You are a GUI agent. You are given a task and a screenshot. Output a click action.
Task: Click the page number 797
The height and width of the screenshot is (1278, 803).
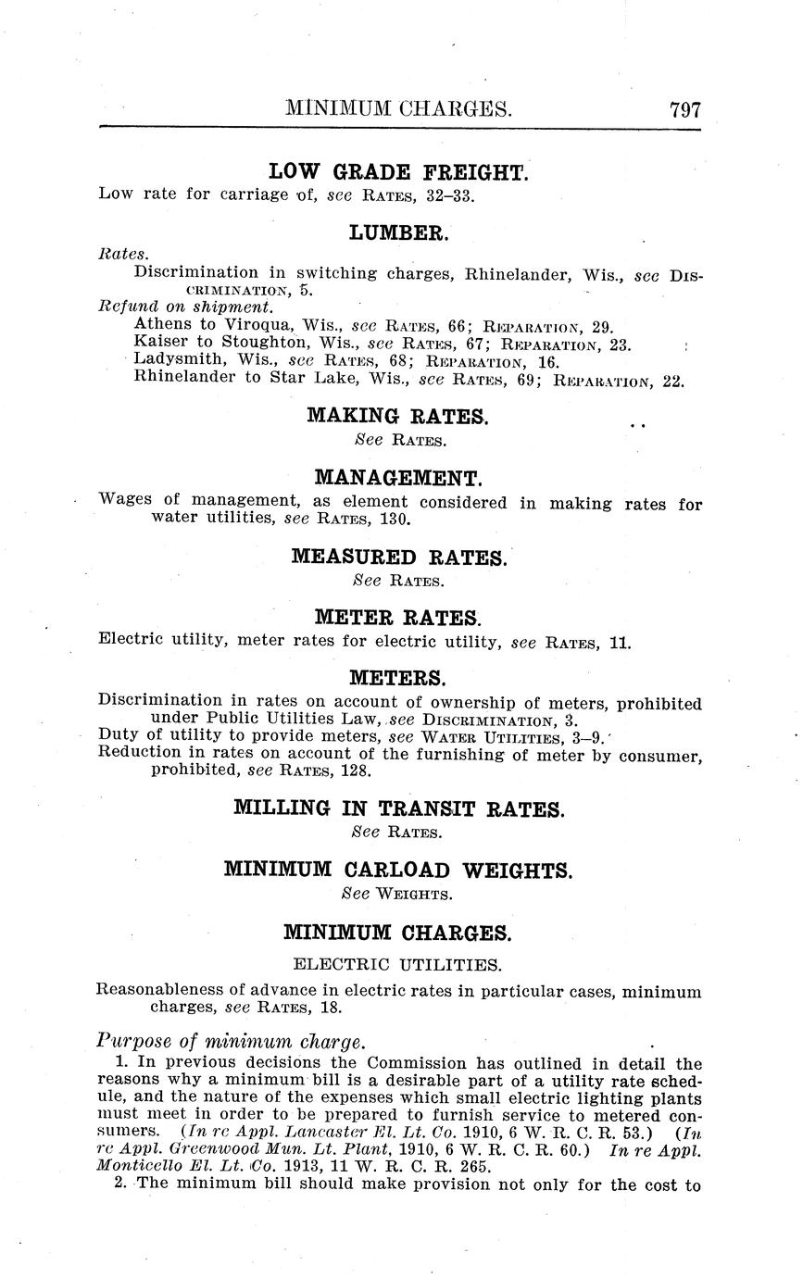point(685,109)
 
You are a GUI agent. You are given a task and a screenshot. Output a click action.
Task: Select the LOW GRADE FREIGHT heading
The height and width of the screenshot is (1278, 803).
point(398,171)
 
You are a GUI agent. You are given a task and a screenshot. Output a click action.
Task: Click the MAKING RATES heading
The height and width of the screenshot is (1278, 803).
point(398,417)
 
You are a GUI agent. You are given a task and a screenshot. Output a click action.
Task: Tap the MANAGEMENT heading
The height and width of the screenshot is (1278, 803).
point(399,479)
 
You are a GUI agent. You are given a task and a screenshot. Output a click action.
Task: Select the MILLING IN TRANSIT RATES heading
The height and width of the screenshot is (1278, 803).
point(399,808)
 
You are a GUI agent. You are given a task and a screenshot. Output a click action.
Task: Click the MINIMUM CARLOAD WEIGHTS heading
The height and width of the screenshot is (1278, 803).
point(399,870)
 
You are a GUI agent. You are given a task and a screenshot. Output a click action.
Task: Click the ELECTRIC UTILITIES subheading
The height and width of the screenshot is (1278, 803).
point(399,964)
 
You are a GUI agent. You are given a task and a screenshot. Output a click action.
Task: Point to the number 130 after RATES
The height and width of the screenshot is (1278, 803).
point(394,519)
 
